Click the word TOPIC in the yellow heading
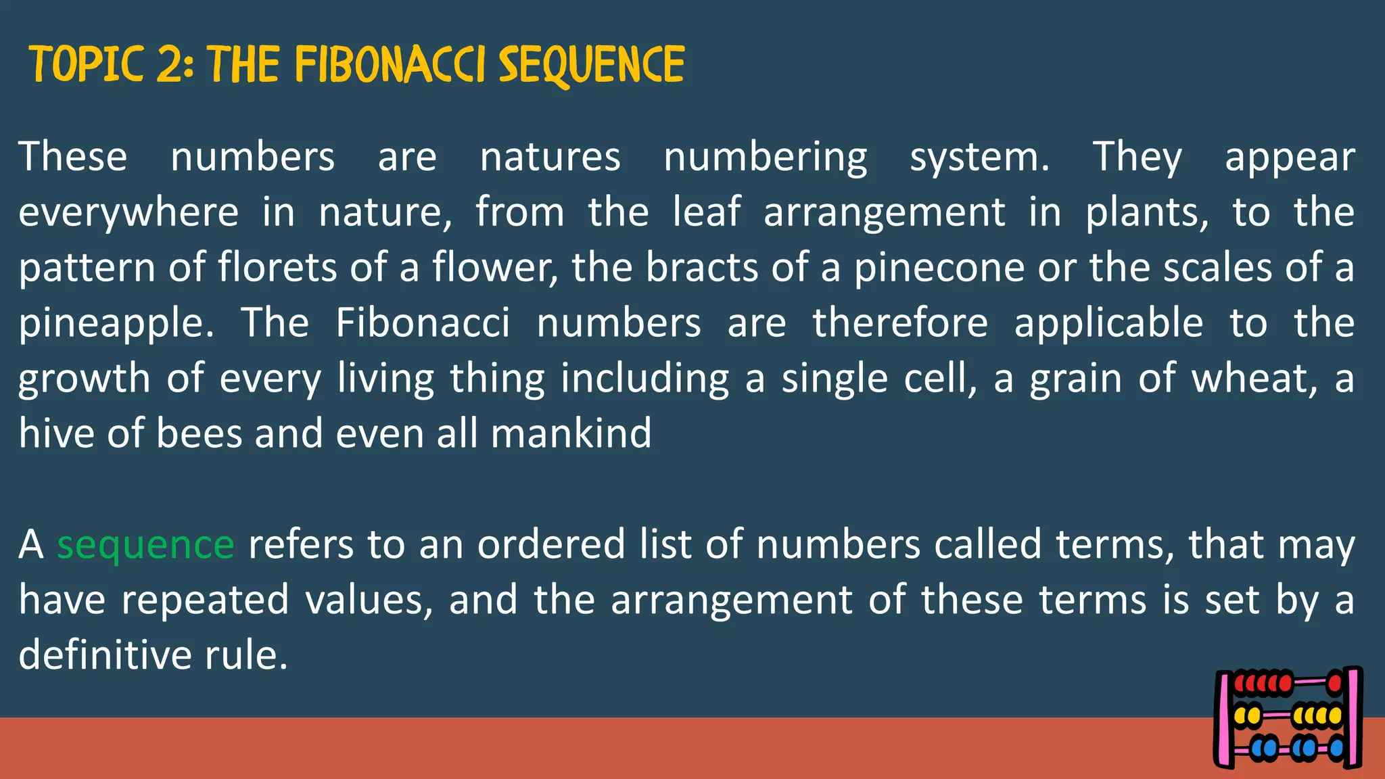86,65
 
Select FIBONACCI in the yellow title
390,65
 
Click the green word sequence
145,544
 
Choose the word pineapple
116,323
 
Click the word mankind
571,433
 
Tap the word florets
277,268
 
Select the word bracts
702,268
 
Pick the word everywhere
128,212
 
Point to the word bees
199,433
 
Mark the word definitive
105,655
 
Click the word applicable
1108,323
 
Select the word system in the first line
979,158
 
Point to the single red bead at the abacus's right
1334,683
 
